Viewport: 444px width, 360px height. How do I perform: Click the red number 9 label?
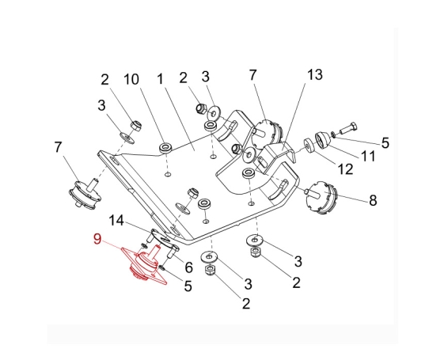pyautogui.click(x=97, y=239)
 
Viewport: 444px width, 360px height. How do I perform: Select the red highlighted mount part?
pyautogui.click(x=144, y=264)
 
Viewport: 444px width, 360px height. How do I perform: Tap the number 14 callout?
pyautogui.click(x=116, y=221)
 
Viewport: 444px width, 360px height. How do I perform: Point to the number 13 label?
pyautogui.click(x=314, y=74)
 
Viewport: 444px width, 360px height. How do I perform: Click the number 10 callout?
pyautogui.click(x=131, y=79)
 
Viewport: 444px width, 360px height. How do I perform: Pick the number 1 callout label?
pyautogui.click(x=161, y=79)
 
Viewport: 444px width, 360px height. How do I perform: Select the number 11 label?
pyautogui.click(x=368, y=156)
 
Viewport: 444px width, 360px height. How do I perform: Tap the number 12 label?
pyautogui.click(x=345, y=169)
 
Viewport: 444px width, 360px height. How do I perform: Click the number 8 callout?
pyautogui.click(x=373, y=200)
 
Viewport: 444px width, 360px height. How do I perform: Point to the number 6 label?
pyautogui.click(x=188, y=267)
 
